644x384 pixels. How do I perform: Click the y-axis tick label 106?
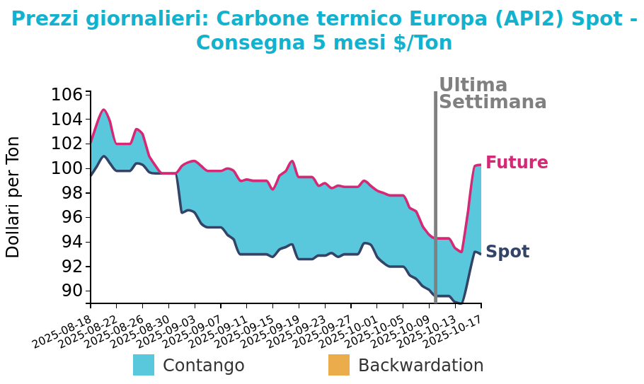(68, 94)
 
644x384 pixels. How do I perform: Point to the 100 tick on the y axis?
(68, 168)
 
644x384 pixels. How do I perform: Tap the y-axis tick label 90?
(71, 291)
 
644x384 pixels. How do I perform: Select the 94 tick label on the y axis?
(71, 242)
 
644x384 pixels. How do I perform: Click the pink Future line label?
(517, 163)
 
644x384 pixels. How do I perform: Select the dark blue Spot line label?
(507, 252)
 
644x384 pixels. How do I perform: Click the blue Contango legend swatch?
(144, 365)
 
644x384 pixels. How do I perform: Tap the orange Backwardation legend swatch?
(339, 365)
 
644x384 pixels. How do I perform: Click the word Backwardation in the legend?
(420, 366)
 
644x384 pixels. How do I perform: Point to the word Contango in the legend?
(203, 366)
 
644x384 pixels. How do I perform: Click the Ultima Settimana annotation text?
(493, 93)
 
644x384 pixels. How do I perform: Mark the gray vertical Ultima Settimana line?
(435, 198)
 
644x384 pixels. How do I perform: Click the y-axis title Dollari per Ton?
(13, 197)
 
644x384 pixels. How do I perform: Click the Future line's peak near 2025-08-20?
(103, 110)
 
